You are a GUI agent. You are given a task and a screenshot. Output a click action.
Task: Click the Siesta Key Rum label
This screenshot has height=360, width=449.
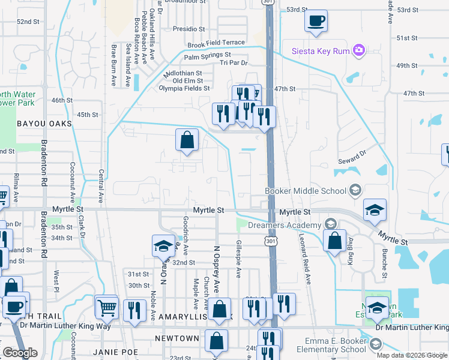point(321,51)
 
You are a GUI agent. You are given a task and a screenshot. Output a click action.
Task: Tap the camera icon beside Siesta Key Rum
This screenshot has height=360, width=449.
point(359,50)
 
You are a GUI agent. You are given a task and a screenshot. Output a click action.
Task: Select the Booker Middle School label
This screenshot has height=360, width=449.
point(306,191)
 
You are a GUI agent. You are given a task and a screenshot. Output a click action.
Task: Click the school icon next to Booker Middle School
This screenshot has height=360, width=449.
point(355,191)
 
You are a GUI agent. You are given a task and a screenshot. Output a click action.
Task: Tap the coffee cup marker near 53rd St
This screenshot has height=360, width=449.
point(316,22)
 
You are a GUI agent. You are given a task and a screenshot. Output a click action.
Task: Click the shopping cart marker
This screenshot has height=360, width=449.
point(107,308)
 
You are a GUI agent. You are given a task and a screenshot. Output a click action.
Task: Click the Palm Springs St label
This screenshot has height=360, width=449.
point(207,58)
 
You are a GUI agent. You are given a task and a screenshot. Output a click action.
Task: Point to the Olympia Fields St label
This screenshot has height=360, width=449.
point(184,88)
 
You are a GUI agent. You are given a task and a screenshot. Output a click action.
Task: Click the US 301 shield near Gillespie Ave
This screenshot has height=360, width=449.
point(265,241)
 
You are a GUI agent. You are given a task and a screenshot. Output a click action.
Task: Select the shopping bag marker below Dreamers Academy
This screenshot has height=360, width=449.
point(334,241)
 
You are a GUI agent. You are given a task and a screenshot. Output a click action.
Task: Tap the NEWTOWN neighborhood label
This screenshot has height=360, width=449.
point(177,338)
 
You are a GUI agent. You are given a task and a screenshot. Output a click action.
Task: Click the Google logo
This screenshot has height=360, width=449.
point(20,353)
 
